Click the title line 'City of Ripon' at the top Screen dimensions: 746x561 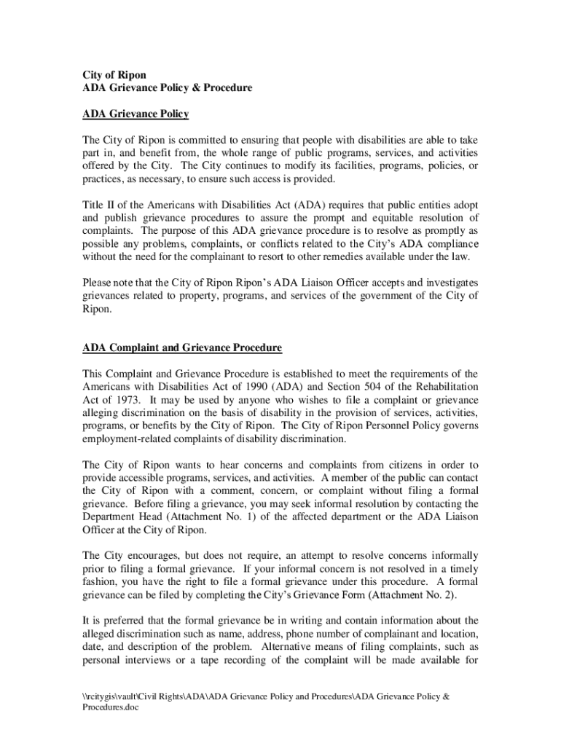click(x=114, y=75)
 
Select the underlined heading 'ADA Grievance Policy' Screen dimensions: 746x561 click(x=136, y=114)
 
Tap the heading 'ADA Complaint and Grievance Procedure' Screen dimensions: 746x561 click(x=182, y=348)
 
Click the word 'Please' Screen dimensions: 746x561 click(x=98, y=283)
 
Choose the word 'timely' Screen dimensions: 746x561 click(x=463, y=569)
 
